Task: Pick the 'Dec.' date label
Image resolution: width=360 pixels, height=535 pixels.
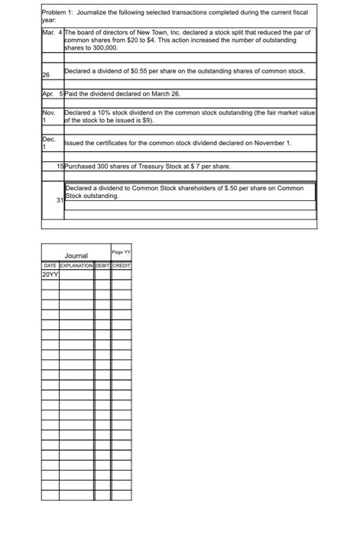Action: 48,138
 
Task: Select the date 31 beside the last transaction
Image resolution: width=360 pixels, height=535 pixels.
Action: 59,200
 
